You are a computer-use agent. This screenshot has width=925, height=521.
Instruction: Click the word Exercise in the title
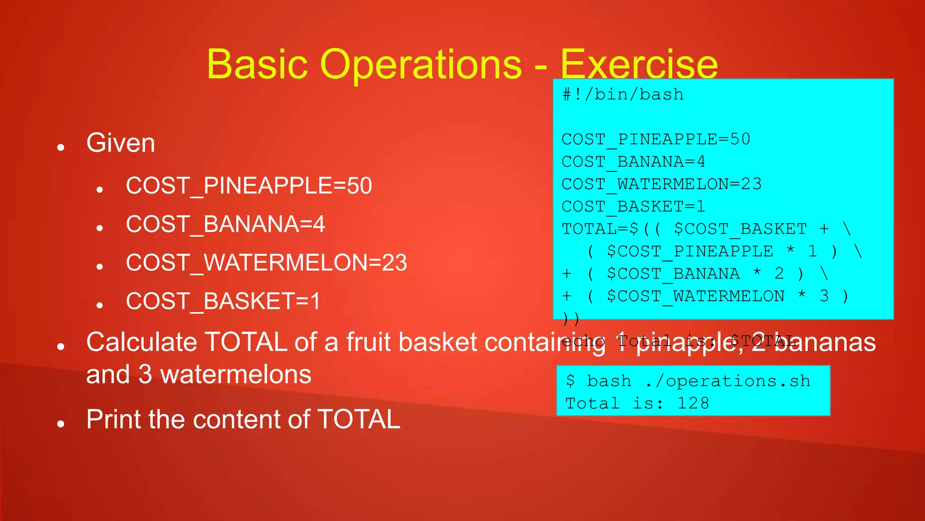pyautogui.click(x=639, y=65)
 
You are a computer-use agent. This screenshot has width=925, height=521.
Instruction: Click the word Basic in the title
pyautogui.click(x=257, y=65)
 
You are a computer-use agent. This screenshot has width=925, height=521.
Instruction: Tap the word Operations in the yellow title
pyautogui.click(x=421, y=65)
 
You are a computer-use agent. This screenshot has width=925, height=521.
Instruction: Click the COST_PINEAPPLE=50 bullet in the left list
pyautogui.click(x=249, y=186)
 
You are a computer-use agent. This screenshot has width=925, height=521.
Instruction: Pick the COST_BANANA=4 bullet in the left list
pyautogui.click(x=225, y=224)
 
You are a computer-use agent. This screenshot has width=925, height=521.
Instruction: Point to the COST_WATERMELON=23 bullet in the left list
pyautogui.click(x=266, y=263)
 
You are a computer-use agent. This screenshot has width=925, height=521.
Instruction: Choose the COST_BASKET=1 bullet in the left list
pyautogui.click(x=223, y=301)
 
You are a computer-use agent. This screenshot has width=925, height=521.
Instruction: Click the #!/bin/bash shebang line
pyautogui.click(x=623, y=95)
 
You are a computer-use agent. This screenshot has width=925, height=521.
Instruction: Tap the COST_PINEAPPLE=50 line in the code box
pyautogui.click(x=656, y=139)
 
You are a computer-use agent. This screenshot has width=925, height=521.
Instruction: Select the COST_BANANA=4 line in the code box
pyautogui.click(x=633, y=161)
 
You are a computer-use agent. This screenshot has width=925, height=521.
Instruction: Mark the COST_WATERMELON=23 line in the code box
pyautogui.click(x=661, y=184)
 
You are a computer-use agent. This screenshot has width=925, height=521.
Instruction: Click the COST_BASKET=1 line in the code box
pyautogui.click(x=633, y=207)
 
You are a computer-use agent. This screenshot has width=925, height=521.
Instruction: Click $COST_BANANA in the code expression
pyautogui.click(x=673, y=274)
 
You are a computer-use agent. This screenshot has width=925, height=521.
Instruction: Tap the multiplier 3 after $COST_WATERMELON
pyautogui.click(x=824, y=296)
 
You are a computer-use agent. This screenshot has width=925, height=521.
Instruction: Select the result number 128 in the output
pyautogui.click(x=693, y=403)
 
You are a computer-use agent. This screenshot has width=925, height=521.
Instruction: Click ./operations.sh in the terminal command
pyautogui.click(x=728, y=381)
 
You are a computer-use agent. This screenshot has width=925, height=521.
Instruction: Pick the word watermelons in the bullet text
pyautogui.click(x=236, y=374)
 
